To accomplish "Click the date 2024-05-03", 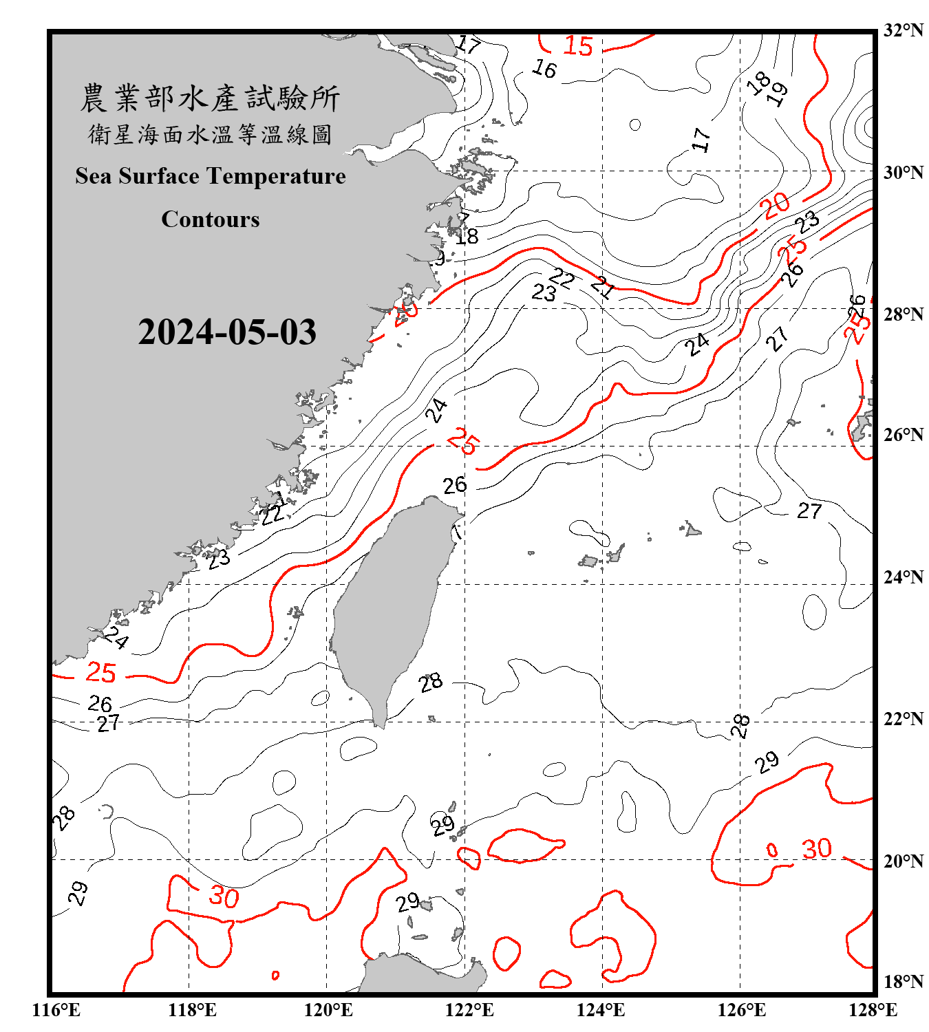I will (227, 332).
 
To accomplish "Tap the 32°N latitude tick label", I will (903, 30).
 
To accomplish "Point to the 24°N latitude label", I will (903, 577).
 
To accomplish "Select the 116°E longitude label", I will (56, 1010).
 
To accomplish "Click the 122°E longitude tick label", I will (469, 1010).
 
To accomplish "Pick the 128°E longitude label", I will (873, 1010).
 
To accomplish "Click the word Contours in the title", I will (211, 219).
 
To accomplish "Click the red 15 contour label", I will (577, 46).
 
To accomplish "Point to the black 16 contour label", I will (544, 69).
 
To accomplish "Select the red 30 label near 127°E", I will (817, 849).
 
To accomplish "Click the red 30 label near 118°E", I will (224, 897).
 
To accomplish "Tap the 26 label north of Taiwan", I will (455, 486).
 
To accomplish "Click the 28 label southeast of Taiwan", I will (431, 683).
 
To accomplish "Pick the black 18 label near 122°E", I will (467, 237).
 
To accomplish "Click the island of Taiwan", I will (389, 605).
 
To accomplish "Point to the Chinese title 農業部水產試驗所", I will (211, 98).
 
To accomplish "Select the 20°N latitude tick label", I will (903, 861).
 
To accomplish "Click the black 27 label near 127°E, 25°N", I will (809, 511).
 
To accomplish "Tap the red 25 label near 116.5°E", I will (100, 673).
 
